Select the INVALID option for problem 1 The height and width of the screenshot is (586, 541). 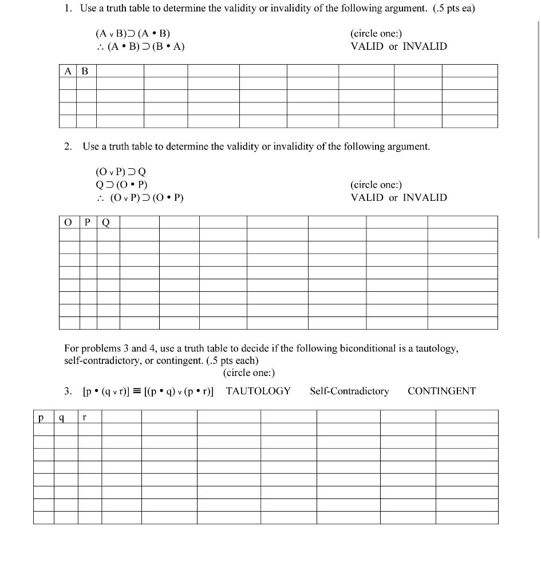tap(424, 46)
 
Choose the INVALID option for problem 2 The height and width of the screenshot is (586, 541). tap(424, 197)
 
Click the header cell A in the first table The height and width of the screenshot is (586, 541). tap(68, 71)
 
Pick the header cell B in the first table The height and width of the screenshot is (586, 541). tap(86, 71)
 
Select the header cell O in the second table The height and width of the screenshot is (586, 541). tap(69, 222)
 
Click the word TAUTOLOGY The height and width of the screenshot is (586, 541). tap(258, 391)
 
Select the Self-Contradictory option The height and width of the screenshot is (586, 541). tap(349, 391)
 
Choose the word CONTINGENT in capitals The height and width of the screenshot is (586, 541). tap(441, 391)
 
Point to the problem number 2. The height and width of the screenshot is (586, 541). tap(68, 146)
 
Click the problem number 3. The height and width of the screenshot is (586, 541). tap(68, 391)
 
